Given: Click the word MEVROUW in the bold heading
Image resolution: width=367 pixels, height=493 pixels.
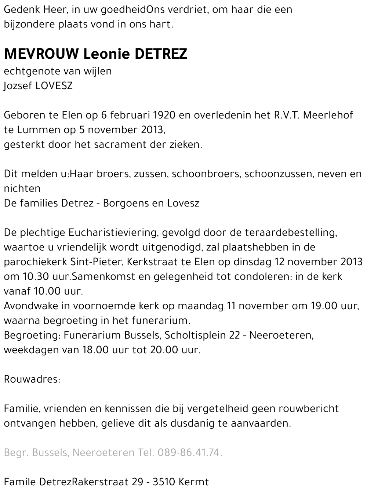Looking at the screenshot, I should point(41,54).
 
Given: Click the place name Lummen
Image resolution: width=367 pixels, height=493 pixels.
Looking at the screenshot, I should point(35,130).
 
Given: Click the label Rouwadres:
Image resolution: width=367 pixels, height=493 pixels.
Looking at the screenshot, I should point(32,379).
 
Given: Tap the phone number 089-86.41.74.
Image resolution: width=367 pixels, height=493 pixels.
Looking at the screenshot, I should point(190,453).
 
